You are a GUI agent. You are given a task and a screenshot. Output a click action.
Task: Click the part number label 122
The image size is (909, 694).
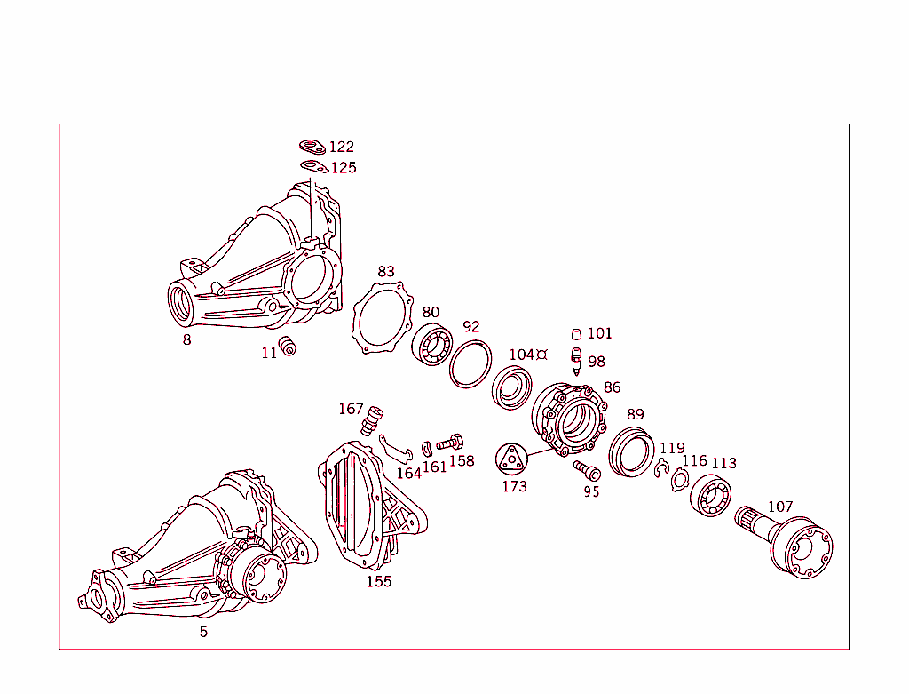(x=341, y=148)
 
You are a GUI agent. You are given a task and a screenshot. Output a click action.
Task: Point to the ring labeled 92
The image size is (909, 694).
(x=470, y=363)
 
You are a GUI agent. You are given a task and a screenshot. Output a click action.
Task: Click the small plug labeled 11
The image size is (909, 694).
(x=287, y=347)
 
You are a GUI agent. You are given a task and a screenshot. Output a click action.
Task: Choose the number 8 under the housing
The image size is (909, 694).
(x=186, y=339)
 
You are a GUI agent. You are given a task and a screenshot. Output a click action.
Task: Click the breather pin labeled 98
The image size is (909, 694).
(x=576, y=361)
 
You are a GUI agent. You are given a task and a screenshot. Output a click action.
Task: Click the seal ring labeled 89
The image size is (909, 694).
(x=631, y=451)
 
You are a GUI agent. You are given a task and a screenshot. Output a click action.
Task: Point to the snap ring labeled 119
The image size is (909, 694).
(x=661, y=469)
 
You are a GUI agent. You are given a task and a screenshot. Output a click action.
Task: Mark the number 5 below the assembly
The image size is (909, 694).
(x=203, y=632)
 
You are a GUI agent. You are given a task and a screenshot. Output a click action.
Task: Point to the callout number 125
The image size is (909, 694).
(x=344, y=168)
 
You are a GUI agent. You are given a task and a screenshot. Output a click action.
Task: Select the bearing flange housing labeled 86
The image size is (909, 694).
(x=569, y=419)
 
